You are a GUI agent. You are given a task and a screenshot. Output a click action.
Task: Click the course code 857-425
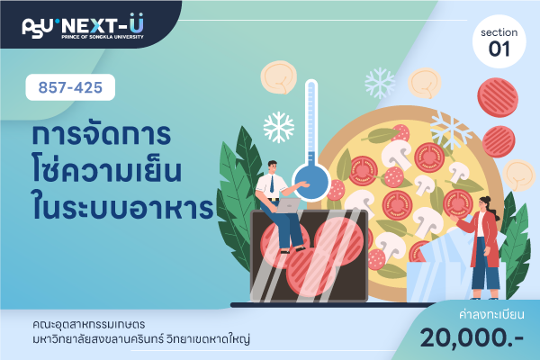(70, 87)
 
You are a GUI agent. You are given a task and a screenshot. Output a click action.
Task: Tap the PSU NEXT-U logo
(83, 26)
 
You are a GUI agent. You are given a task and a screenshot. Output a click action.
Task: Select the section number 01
(499, 49)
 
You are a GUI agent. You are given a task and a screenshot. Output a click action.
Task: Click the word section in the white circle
(499, 32)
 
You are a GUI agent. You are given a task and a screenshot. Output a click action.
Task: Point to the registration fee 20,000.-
(472, 337)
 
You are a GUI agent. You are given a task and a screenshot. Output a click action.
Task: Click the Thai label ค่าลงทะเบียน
(491, 314)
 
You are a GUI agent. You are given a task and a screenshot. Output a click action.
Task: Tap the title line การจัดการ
(101, 134)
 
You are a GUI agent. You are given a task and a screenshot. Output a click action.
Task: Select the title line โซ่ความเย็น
(106, 170)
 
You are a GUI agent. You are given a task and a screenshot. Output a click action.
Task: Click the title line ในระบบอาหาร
(123, 207)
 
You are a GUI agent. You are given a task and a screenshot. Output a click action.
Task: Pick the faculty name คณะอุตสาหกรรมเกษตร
(89, 324)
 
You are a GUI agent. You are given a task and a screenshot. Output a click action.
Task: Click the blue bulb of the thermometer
(311, 183)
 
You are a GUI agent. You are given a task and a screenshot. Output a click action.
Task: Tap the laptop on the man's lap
(289, 205)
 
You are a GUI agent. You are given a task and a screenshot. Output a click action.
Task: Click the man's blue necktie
(272, 184)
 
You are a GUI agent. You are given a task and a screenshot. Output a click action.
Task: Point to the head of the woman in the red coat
(486, 203)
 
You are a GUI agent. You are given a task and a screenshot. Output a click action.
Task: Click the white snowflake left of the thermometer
(279, 127)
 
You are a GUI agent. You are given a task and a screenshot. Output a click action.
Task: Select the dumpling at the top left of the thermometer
(279, 77)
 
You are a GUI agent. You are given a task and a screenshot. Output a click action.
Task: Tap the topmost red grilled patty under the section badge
(498, 97)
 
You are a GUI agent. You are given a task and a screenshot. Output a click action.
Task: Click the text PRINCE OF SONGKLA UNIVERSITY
(103, 37)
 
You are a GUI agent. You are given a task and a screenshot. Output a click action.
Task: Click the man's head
(272, 167)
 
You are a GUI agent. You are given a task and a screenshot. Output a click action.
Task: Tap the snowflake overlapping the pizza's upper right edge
(451, 130)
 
